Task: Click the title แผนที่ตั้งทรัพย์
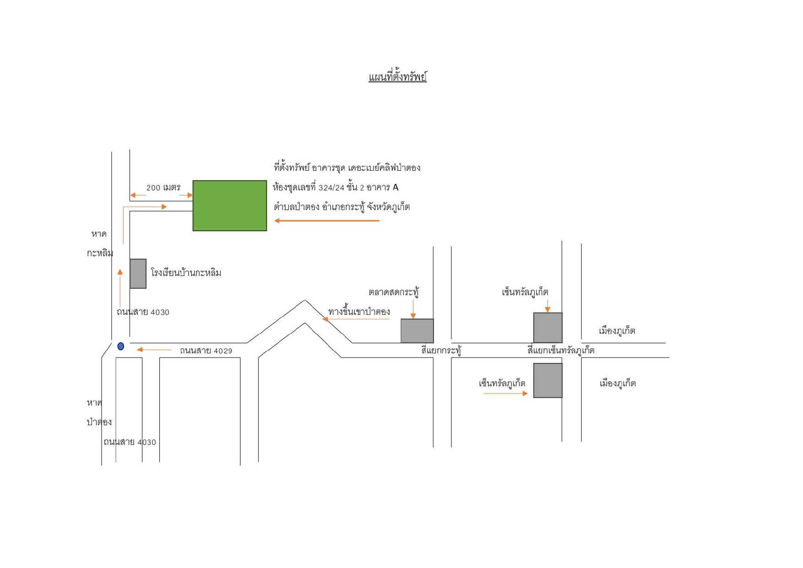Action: (x=397, y=76)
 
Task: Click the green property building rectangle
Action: (x=229, y=206)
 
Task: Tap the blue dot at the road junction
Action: (x=121, y=346)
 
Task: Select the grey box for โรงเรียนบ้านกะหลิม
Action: (x=138, y=274)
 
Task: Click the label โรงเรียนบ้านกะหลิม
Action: (x=186, y=273)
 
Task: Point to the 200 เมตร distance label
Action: (x=163, y=188)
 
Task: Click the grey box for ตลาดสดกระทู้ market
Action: (x=417, y=331)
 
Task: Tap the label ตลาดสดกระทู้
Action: (x=394, y=292)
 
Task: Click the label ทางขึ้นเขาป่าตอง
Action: (x=359, y=312)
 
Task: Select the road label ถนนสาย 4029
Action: (x=206, y=351)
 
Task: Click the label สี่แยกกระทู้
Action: (x=441, y=351)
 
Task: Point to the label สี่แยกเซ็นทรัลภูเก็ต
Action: (x=561, y=350)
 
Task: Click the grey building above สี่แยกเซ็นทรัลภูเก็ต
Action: (x=548, y=328)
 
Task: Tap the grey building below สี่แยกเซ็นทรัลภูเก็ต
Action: (x=548, y=380)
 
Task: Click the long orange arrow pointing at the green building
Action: (x=327, y=221)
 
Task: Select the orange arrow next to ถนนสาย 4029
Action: (x=154, y=350)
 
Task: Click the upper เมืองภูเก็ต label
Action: (x=617, y=330)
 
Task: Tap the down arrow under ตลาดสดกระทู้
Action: (x=413, y=309)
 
